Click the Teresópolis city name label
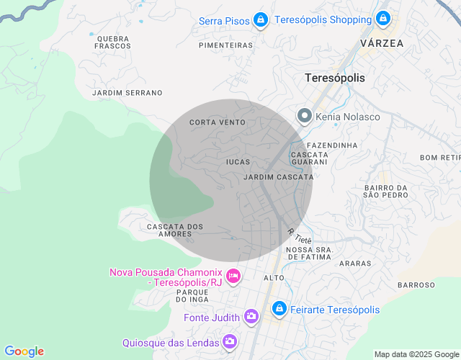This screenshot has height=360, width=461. (x=335, y=78)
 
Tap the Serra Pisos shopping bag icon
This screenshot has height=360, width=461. (x=261, y=20)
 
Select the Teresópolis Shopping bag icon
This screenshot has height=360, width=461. (x=383, y=19)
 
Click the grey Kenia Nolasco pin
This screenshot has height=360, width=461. (x=305, y=115)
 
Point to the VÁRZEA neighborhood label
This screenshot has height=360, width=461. (x=382, y=43)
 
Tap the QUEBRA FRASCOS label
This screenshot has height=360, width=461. (x=112, y=42)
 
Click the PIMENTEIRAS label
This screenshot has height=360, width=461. (x=225, y=45)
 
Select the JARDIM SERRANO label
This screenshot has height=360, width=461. (x=127, y=93)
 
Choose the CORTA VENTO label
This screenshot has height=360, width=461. (x=218, y=122)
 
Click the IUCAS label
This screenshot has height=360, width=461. (x=238, y=162)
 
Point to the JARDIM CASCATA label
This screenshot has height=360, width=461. (x=279, y=176)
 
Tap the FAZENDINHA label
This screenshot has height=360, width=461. (x=331, y=145)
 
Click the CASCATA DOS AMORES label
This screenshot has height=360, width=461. (x=175, y=230)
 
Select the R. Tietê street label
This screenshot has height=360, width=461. (x=300, y=235)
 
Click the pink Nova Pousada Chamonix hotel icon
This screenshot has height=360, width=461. (x=233, y=276)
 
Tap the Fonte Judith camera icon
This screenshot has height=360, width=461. (x=251, y=316)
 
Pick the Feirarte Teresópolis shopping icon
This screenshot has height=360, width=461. (x=279, y=309)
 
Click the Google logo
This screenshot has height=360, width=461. (x=24, y=351)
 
